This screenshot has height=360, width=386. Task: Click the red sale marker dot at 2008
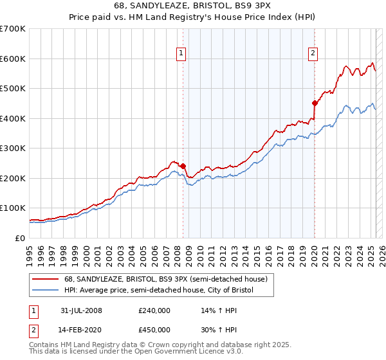click(183, 166)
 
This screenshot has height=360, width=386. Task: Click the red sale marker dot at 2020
click(315, 103)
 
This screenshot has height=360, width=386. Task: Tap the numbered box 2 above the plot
click(313, 54)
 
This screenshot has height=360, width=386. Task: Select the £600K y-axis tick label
click(13, 59)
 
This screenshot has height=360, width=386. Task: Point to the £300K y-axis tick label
click(13, 148)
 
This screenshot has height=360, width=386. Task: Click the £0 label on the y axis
click(20, 238)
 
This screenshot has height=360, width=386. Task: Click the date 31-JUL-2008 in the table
click(81, 310)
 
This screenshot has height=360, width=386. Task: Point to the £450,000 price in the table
click(154, 330)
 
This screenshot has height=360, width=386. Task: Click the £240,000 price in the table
click(154, 310)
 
